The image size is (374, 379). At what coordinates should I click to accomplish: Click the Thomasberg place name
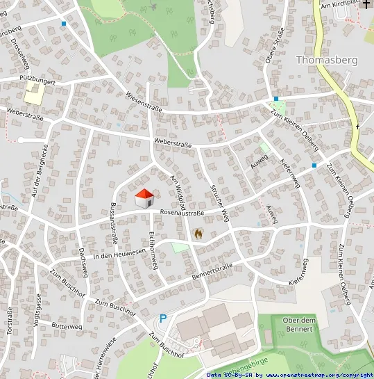click(x=326, y=60)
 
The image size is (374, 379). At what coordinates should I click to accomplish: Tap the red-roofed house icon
click(x=144, y=198)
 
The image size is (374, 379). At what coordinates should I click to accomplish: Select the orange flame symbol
click(x=199, y=234)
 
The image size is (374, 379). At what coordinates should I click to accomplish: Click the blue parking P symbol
click(x=164, y=318)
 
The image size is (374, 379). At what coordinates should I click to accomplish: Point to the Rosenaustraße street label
click(x=182, y=213)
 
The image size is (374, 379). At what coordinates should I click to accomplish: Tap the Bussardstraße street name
click(x=112, y=223)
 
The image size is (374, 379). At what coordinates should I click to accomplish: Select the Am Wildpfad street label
click(x=177, y=191)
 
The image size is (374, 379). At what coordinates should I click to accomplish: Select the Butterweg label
click(x=67, y=325)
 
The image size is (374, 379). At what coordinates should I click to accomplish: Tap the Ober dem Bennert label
click(x=300, y=323)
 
